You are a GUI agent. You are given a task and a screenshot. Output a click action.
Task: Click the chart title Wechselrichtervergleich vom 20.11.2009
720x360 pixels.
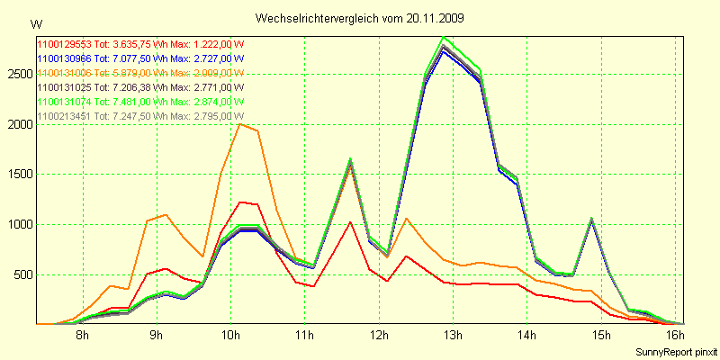point(360,18)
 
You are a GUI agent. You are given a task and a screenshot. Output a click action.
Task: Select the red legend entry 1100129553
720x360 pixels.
point(139,44)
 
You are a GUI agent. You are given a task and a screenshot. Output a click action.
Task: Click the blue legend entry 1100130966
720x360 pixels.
point(139,58)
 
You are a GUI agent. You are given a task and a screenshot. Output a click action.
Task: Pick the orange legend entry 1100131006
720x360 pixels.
point(139,73)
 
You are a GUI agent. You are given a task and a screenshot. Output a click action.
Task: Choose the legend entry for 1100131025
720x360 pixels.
point(139,87)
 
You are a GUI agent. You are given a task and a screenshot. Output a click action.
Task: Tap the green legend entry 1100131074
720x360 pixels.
point(139,102)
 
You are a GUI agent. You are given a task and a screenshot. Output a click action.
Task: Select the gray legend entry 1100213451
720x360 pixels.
point(139,116)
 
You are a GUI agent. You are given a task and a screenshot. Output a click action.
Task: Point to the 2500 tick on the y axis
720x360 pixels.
point(19,74)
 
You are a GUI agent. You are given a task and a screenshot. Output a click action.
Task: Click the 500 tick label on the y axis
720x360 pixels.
point(22,275)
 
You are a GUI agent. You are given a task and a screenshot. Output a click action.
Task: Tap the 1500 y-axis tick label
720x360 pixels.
point(19,175)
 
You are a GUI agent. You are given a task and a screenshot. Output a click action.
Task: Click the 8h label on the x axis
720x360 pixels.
point(82,337)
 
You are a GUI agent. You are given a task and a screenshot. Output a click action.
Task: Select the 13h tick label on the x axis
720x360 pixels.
point(453,337)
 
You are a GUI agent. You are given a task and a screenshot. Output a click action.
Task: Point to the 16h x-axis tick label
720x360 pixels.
point(676,337)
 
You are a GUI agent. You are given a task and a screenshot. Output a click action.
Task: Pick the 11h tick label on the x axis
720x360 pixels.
point(305,337)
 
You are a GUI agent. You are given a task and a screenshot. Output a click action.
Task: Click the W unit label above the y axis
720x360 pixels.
point(35,23)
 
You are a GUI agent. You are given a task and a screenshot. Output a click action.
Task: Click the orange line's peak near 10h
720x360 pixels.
point(238,124)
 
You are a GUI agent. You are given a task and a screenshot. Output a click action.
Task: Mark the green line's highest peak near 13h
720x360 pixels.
point(444,37)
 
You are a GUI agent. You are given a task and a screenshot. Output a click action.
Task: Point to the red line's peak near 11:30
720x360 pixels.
point(350,221)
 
